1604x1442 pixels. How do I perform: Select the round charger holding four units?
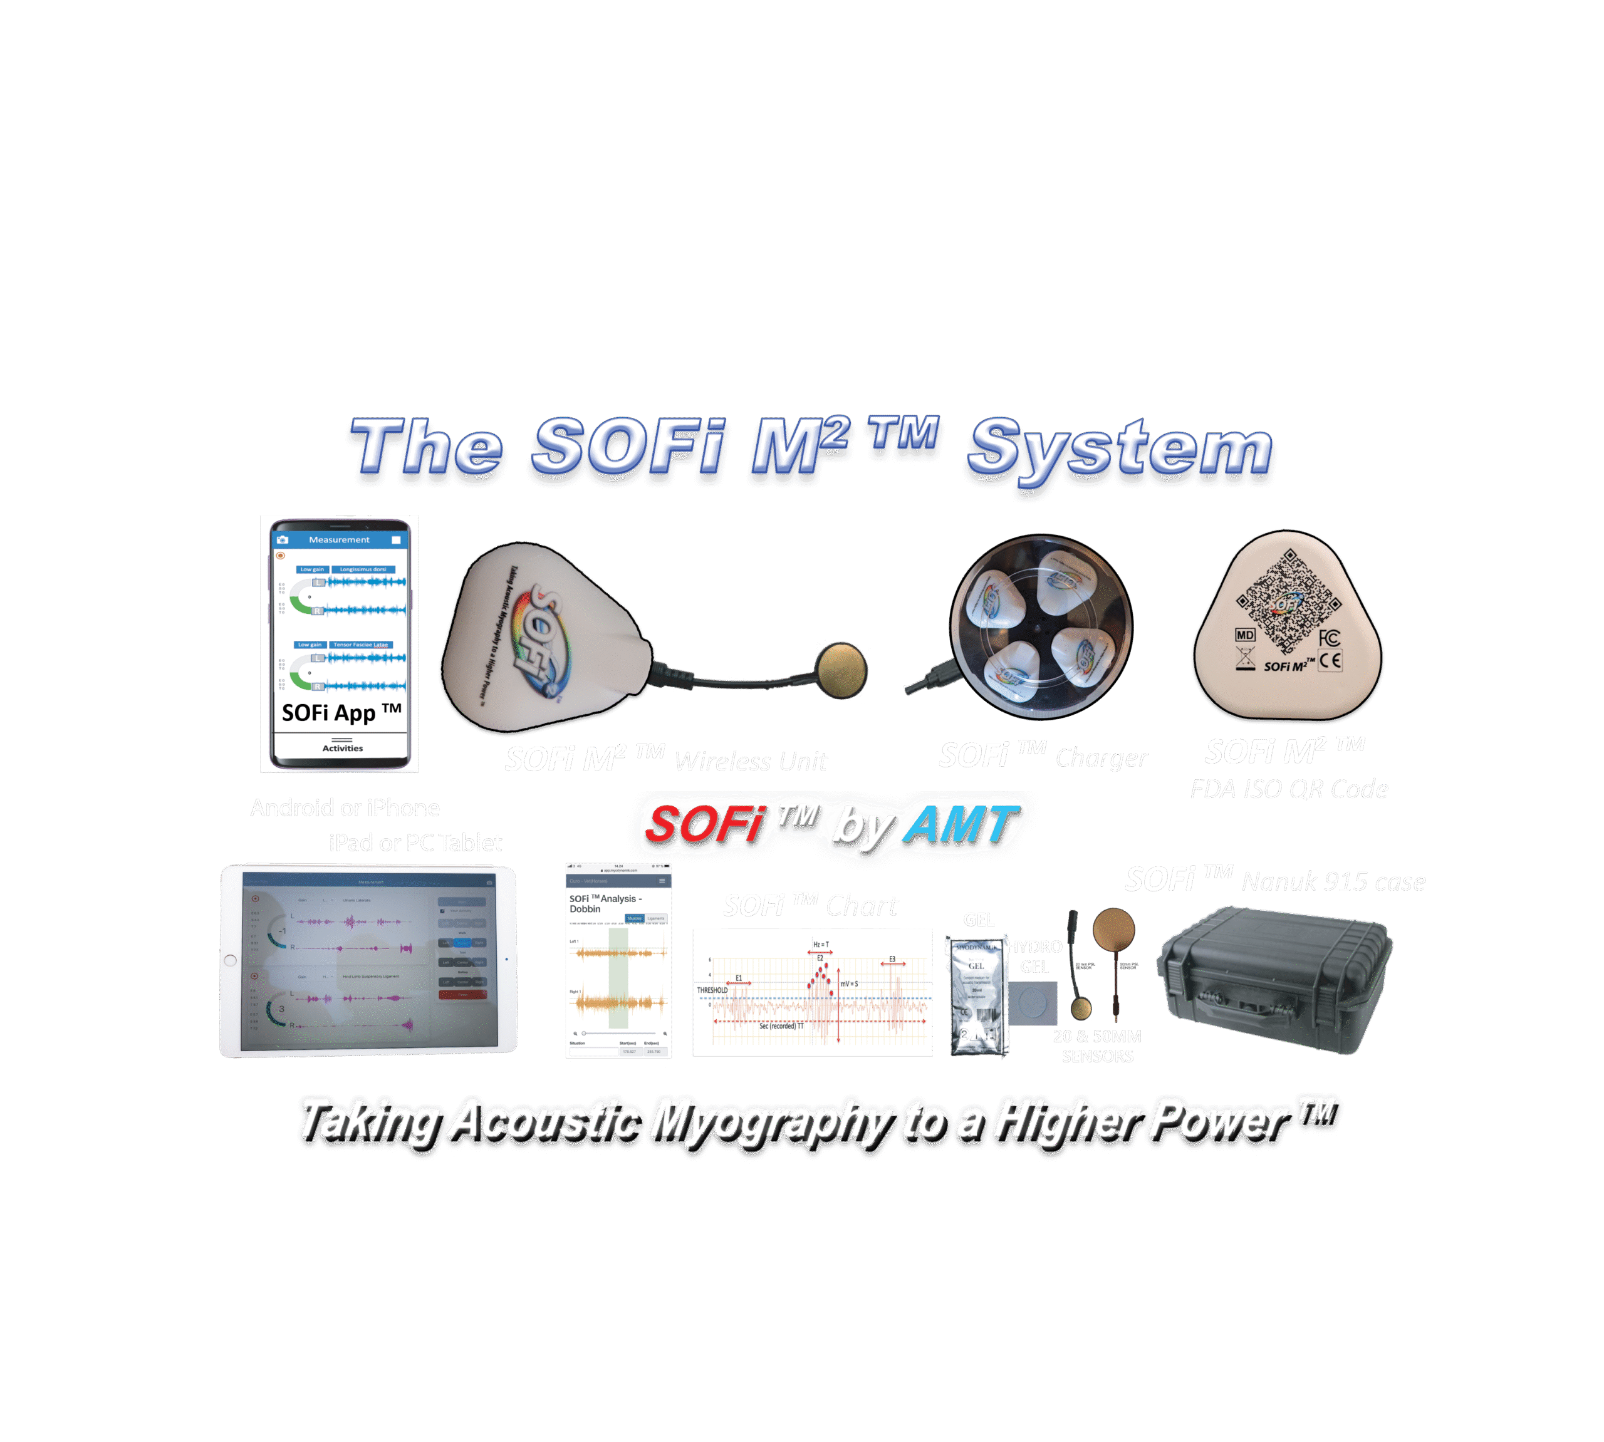pos(1041,626)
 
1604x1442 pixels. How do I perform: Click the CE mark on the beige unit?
pos(1331,661)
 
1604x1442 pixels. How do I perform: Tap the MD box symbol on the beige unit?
pos(1245,635)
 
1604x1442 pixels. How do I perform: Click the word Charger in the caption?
pos(1101,758)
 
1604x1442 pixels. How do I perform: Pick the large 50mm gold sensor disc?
pos(1113,931)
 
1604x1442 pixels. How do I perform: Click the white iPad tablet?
pos(368,960)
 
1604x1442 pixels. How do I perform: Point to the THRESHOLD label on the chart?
pos(712,990)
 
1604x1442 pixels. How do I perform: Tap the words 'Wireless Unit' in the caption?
pos(751,762)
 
